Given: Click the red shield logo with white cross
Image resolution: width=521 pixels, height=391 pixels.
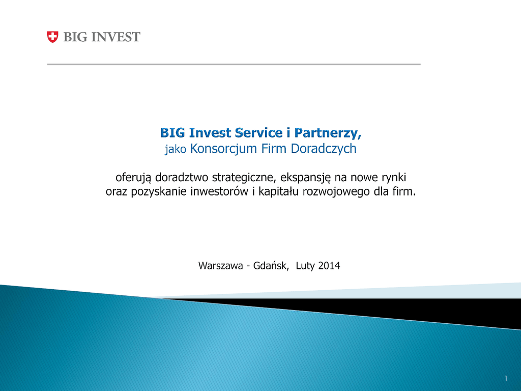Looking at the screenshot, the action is pos(52,37).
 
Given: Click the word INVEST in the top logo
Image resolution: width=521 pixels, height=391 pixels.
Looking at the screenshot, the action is pos(115,37).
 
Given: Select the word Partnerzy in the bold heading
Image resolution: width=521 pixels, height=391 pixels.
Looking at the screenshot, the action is pos(328,133).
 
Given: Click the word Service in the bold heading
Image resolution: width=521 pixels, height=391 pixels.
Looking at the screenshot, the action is pos(259,133).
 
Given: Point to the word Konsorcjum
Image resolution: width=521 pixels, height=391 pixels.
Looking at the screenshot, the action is pos(223,149).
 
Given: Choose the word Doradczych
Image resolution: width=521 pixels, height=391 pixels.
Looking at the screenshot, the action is pos(324,149).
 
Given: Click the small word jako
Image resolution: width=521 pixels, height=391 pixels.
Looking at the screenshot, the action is pos(176,149).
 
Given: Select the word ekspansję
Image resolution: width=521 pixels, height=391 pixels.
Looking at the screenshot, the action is pos(306,178).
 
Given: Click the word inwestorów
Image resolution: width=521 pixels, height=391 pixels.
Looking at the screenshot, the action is pos(219,191).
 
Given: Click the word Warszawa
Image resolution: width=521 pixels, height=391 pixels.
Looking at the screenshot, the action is pos(221,266).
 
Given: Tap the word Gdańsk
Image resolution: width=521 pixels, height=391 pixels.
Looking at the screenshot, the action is pos(271,266).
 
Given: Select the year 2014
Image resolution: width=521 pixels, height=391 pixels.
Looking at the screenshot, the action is pos(329,266).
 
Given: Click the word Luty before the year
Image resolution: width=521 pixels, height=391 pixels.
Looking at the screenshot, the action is pos(305,266).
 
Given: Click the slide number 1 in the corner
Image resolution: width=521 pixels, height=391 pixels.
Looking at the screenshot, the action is pos(506,378).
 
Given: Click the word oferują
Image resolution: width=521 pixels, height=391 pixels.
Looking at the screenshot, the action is pos(133,178).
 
